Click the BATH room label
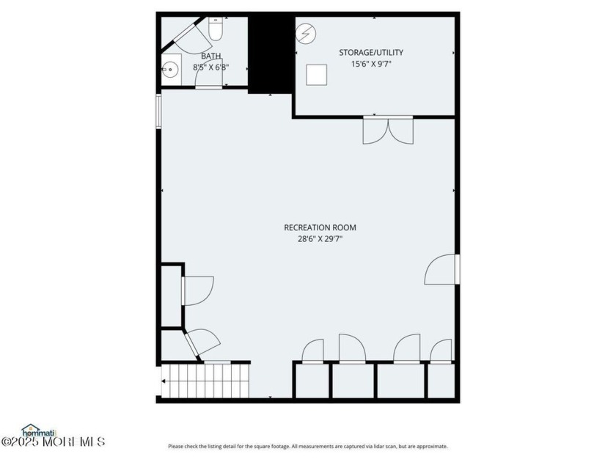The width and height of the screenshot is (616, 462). pyautogui.click(x=211, y=56)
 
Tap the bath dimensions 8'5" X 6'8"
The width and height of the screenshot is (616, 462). pyautogui.click(x=211, y=67)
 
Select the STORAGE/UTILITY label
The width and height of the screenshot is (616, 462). pyautogui.click(x=371, y=53)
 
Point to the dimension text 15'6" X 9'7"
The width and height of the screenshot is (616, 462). pyautogui.click(x=371, y=64)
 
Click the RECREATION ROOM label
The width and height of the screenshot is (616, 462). pyautogui.click(x=320, y=228)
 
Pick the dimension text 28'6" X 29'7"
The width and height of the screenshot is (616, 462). pyautogui.click(x=320, y=238)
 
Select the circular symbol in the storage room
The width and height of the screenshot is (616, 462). pyautogui.click(x=306, y=34)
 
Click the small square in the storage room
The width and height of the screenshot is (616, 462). pyautogui.click(x=317, y=76)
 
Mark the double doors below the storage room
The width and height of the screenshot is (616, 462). pyautogui.click(x=388, y=130)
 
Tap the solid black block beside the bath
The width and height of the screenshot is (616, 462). pyautogui.click(x=271, y=54)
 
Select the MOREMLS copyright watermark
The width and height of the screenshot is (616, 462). pyautogui.click(x=53, y=441)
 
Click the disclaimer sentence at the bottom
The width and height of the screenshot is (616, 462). pyautogui.click(x=307, y=447)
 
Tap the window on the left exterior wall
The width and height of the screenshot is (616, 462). pyautogui.click(x=159, y=111)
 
